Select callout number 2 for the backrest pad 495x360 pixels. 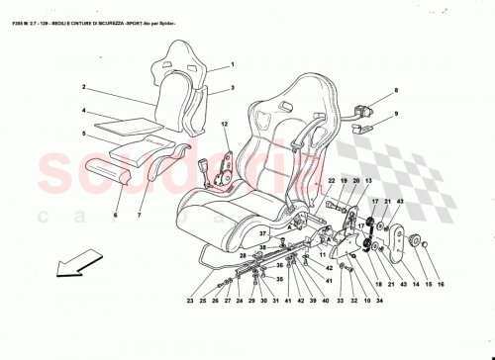point(85,87)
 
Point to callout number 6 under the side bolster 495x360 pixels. point(115,215)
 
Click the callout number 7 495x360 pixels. point(140,215)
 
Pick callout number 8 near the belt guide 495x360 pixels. point(394,91)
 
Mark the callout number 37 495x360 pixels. point(263,233)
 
